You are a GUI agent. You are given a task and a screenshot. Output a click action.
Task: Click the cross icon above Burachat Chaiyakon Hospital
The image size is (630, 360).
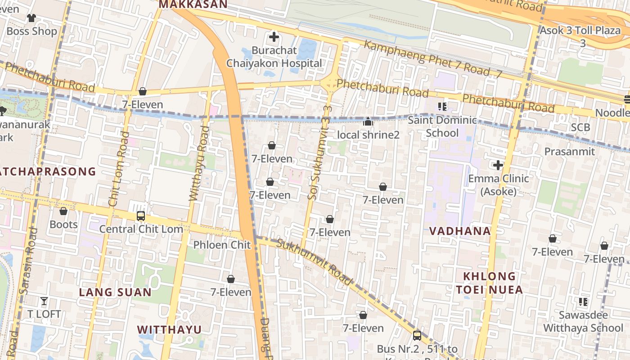tap(274, 37)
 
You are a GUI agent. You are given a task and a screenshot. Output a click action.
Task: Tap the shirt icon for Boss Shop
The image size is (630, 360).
tap(31, 18)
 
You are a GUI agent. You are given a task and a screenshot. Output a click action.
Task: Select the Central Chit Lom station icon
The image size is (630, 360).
tap(141, 216)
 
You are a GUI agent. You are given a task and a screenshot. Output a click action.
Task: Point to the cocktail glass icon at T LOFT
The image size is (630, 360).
tap(44, 301)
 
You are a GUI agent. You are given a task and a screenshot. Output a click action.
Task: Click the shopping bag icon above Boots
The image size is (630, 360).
tap(63, 211)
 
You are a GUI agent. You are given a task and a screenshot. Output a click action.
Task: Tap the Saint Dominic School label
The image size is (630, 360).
tap(442, 126)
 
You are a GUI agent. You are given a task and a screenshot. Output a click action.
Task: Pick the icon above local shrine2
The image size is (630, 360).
tap(368, 121)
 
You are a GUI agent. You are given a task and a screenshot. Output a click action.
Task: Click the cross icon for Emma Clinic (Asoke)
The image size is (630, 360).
tap(498, 165)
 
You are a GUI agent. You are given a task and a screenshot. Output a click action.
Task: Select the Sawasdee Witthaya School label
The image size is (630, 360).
tap(583, 321)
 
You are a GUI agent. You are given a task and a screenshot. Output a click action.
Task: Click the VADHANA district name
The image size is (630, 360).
tap(459, 231)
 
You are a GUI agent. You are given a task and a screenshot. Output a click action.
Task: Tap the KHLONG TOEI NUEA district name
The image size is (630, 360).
tap(490, 283)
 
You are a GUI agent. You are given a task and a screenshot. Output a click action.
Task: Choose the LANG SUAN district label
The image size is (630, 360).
tap(116, 292)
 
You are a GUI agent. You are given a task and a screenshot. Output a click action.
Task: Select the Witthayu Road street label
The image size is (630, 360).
tap(198, 163)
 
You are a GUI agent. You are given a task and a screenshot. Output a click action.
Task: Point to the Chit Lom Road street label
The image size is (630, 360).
tap(117, 169)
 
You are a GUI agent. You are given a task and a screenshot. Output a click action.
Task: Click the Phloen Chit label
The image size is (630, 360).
tap(221, 245)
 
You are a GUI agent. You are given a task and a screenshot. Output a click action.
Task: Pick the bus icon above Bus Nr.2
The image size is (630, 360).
tap(417, 335)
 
